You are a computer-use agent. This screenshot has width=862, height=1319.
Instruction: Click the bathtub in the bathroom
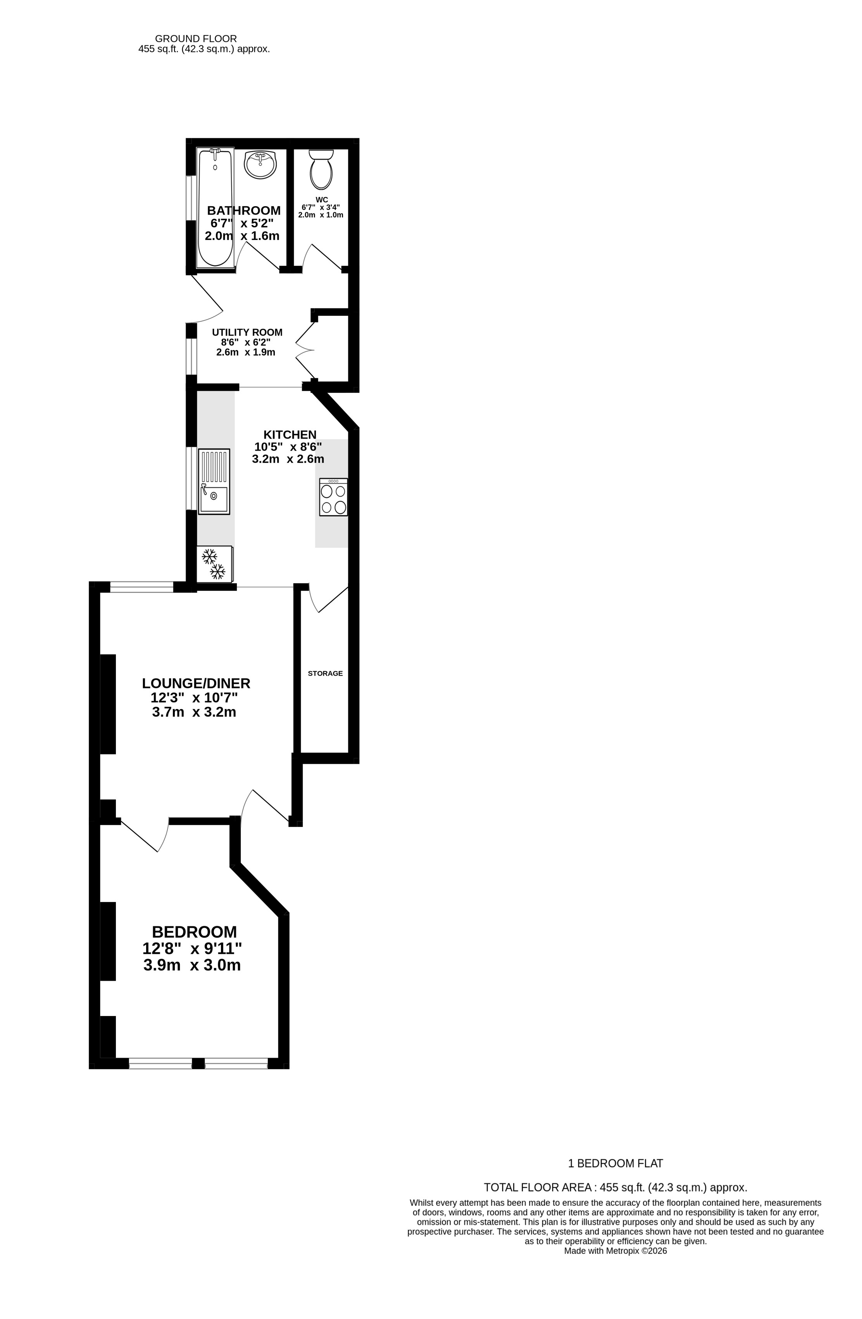click(215, 207)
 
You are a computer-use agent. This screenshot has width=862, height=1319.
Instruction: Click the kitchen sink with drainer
click(214, 481)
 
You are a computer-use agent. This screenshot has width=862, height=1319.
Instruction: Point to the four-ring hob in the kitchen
click(333, 497)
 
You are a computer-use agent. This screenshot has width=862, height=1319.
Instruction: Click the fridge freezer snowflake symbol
click(214, 564)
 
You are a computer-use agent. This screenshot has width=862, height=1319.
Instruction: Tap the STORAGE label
click(326, 673)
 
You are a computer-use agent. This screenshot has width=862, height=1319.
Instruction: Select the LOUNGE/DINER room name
click(196, 684)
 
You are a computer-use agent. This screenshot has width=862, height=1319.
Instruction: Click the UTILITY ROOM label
click(247, 332)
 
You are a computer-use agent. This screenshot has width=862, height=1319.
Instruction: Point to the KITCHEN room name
click(290, 434)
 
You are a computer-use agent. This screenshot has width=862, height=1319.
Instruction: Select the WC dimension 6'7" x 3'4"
click(321, 207)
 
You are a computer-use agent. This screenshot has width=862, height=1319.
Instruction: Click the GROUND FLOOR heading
click(196, 39)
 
